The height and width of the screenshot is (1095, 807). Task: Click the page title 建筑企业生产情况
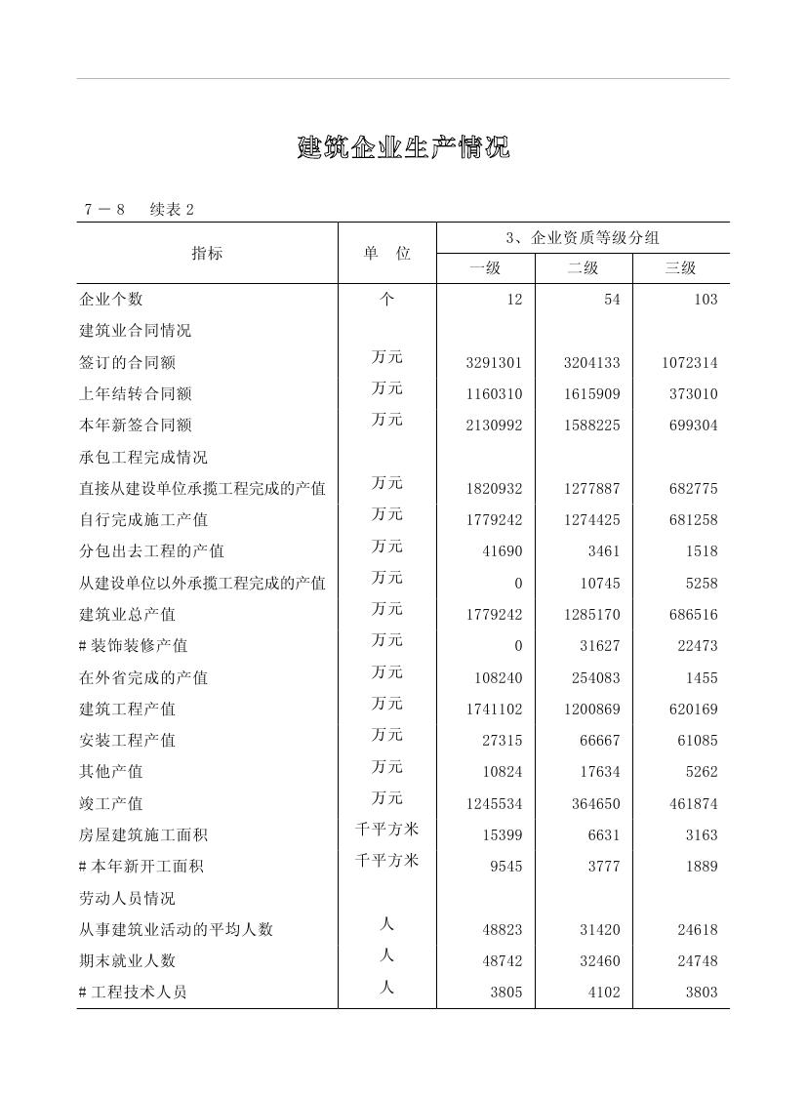tap(403, 148)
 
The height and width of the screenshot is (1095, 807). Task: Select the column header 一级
tap(485, 268)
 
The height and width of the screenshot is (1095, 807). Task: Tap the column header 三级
tap(680, 268)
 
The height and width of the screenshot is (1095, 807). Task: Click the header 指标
tap(207, 253)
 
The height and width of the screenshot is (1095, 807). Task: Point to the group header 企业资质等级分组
tap(583, 237)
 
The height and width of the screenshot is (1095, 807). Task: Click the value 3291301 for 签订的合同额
tap(494, 362)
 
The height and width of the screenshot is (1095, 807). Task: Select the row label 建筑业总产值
tap(128, 614)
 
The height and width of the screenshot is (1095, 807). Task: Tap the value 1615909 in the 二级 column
tap(591, 393)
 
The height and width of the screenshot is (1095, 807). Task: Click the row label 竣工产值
tap(111, 803)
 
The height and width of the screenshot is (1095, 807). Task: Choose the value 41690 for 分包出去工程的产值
tap(503, 551)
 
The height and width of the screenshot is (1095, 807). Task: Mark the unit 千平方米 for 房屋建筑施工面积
tap(386, 830)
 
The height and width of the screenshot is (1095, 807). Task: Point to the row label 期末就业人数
tap(128, 960)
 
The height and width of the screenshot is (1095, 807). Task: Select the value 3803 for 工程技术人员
tap(702, 993)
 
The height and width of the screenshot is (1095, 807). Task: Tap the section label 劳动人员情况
tap(128, 898)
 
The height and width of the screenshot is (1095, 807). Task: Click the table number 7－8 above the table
tap(104, 210)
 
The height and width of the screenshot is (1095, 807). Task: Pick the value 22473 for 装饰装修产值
tap(698, 646)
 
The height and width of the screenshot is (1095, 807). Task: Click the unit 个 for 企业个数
tap(386, 300)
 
